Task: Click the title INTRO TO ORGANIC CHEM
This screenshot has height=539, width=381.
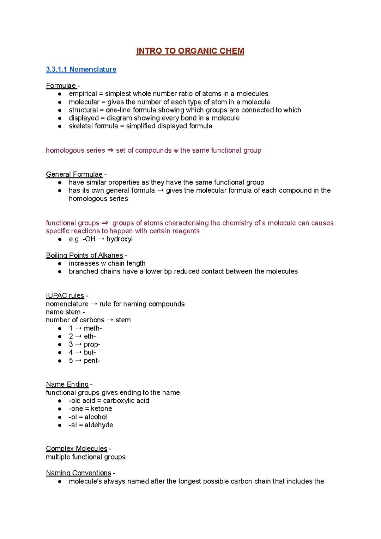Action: point(190,51)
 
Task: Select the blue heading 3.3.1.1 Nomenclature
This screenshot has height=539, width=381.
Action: point(81,69)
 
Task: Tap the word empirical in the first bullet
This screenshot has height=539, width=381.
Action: point(83,94)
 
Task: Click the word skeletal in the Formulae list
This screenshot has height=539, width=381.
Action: point(80,126)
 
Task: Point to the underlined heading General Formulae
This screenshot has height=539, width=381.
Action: point(74,174)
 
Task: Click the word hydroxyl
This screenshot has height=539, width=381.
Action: point(120,239)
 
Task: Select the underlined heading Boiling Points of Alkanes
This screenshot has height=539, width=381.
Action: point(84,255)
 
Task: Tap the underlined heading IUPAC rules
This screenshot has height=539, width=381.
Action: point(65,295)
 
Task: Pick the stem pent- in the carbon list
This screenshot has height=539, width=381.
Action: point(92,361)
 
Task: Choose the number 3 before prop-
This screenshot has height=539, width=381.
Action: point(71,344)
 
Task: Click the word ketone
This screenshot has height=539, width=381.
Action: point(101,409)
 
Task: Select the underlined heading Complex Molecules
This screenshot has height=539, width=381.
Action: point(77,449)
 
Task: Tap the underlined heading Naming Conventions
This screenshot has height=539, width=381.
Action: point(78,473)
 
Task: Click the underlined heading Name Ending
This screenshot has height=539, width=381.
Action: point(67,384)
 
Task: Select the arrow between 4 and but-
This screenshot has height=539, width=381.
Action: point(78,352)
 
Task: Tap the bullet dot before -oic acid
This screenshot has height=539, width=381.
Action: point(60,401)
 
